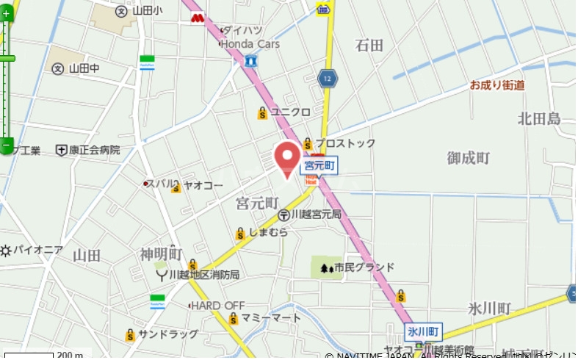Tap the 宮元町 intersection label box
click(319, 167)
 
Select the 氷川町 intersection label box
click(423, 331)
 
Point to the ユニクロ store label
click(290, 112)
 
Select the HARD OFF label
click(218, 305)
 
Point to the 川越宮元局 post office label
click(315, 215)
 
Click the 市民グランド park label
click(364, 267)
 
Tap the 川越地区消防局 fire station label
click(203, 275)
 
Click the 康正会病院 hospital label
click(95, 150)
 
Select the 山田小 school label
click(149, 10)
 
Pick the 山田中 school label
click(83, 68)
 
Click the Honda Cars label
click(250, 44)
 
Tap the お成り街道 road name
click(497, 85)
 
